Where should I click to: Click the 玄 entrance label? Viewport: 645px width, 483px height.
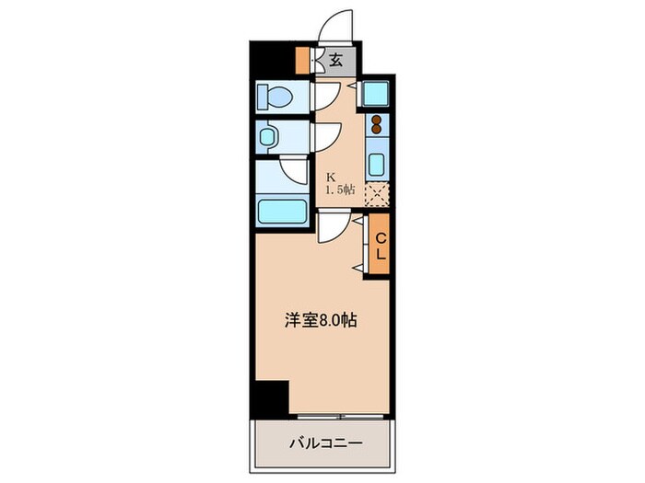[336, 61]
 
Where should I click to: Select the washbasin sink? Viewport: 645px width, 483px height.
[268, 138]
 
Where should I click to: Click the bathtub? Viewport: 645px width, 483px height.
[282, 211]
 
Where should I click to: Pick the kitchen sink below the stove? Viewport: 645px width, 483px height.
[376, 166]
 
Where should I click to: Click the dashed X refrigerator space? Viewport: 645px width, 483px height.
[377, 195]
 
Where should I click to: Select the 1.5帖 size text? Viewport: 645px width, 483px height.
[337, 190]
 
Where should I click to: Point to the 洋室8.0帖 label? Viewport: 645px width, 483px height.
[320, 322]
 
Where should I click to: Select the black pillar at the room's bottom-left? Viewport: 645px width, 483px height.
[271, 397]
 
